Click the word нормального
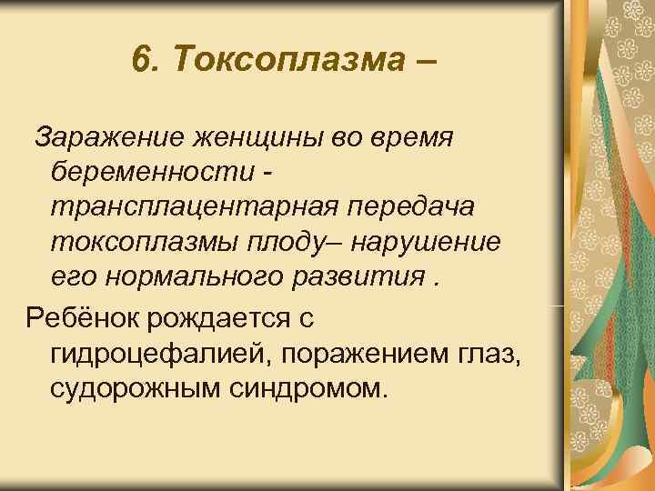tap(203, 277)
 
